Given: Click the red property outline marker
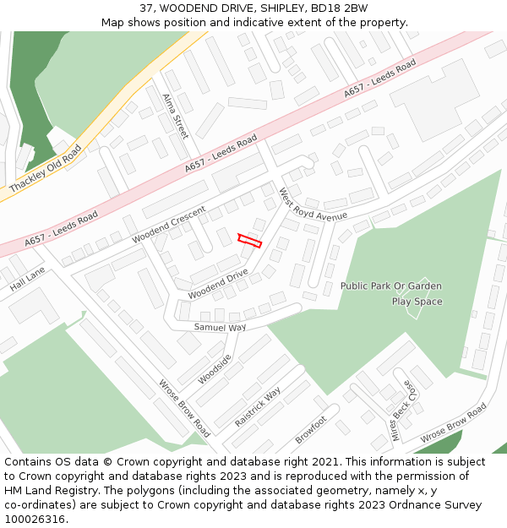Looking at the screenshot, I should (249, 241).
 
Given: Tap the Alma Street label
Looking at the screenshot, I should (175, 116).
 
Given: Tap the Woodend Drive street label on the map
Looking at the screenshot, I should (218, 284).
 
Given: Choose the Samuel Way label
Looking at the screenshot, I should (220, 327).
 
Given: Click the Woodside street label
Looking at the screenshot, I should (215, 369).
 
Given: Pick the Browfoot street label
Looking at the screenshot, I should (311, 430).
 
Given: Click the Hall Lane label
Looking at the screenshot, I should (27, 281).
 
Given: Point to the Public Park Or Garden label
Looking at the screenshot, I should (390, 286).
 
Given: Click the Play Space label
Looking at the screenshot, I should (417, 302).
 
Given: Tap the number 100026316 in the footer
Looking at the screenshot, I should (35, 520).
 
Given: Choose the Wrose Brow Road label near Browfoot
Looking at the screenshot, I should (454, 423).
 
